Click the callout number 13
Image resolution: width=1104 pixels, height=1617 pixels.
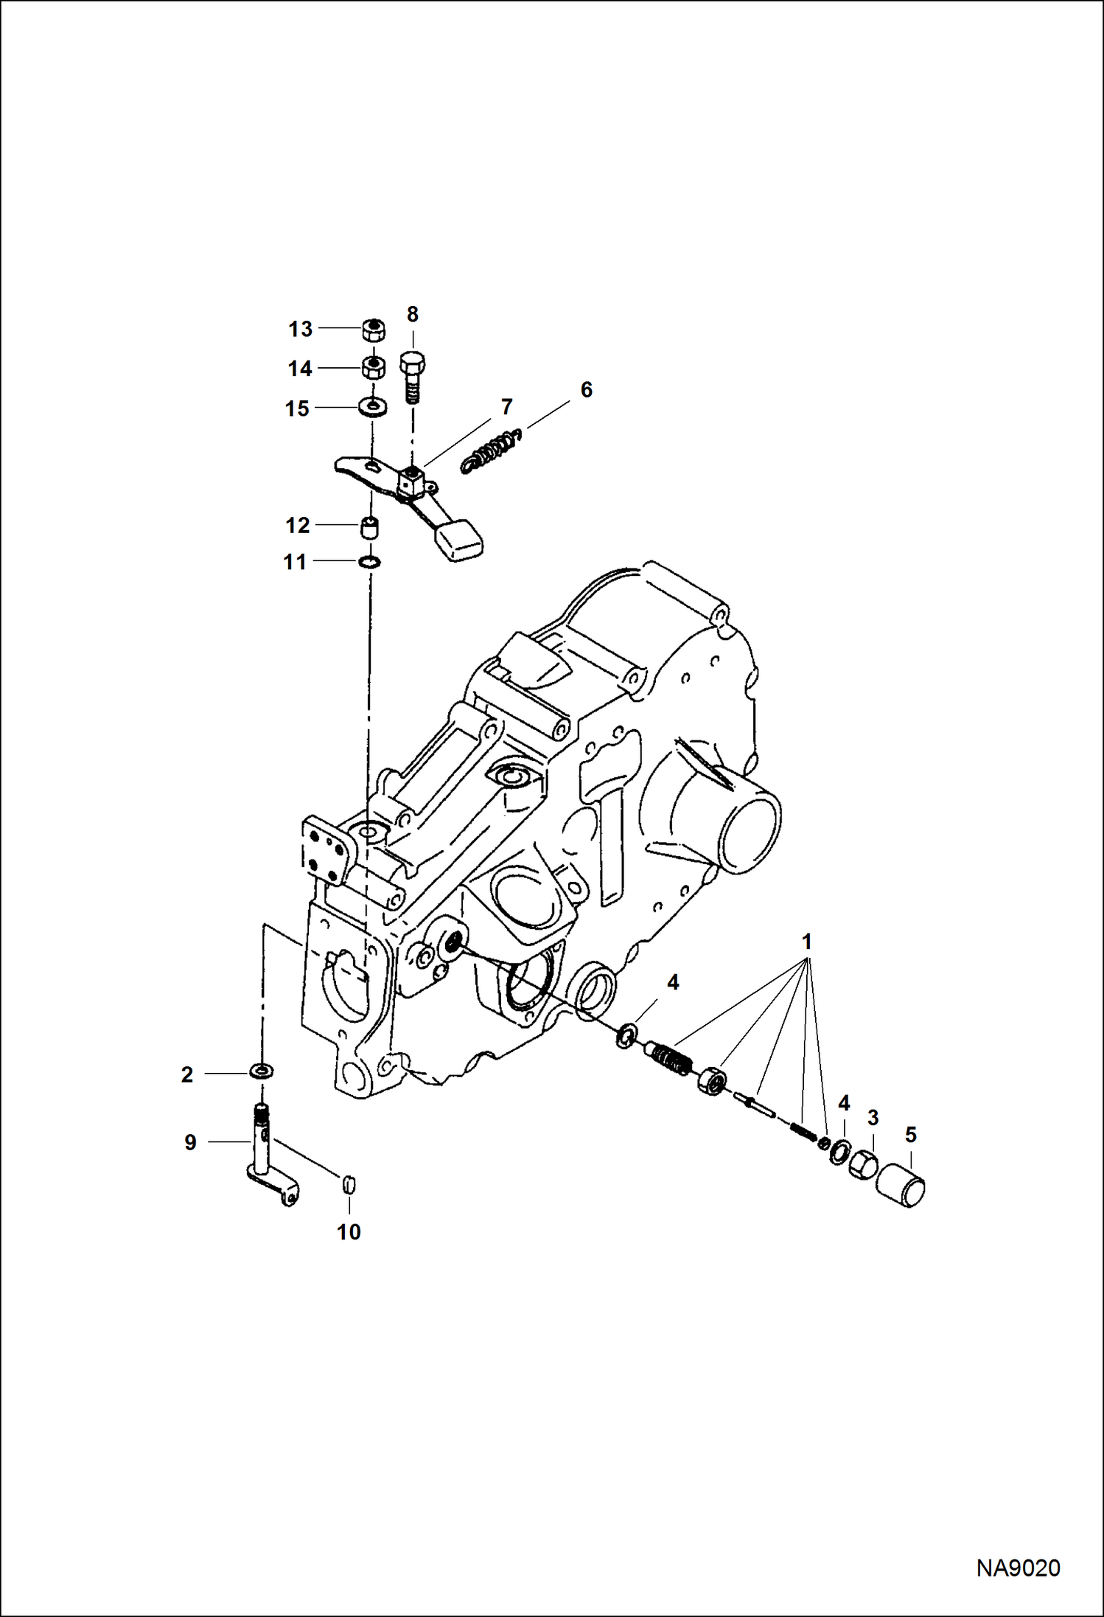pyautogui.click(x=300, y=330)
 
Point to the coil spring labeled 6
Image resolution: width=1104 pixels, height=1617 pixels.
pyautogui.click(x=490, y=451)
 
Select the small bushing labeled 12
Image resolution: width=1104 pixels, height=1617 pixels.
pyautogui.click(x=370, y=527)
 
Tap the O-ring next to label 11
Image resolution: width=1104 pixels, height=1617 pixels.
pyautogui.click(x=369, y=563)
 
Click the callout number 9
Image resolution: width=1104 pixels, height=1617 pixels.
pyautogui.click(x=190, y=1143)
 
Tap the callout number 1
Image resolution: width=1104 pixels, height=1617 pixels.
pyautogui.click(x=807, y=942)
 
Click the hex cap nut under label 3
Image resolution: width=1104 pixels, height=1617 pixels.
pyautogui.click(x=862, y=1166)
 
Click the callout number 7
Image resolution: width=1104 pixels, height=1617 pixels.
pyautogui.click(x=506, y=407)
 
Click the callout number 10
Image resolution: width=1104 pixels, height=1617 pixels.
pyautogui.click(x=349, y=1232)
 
